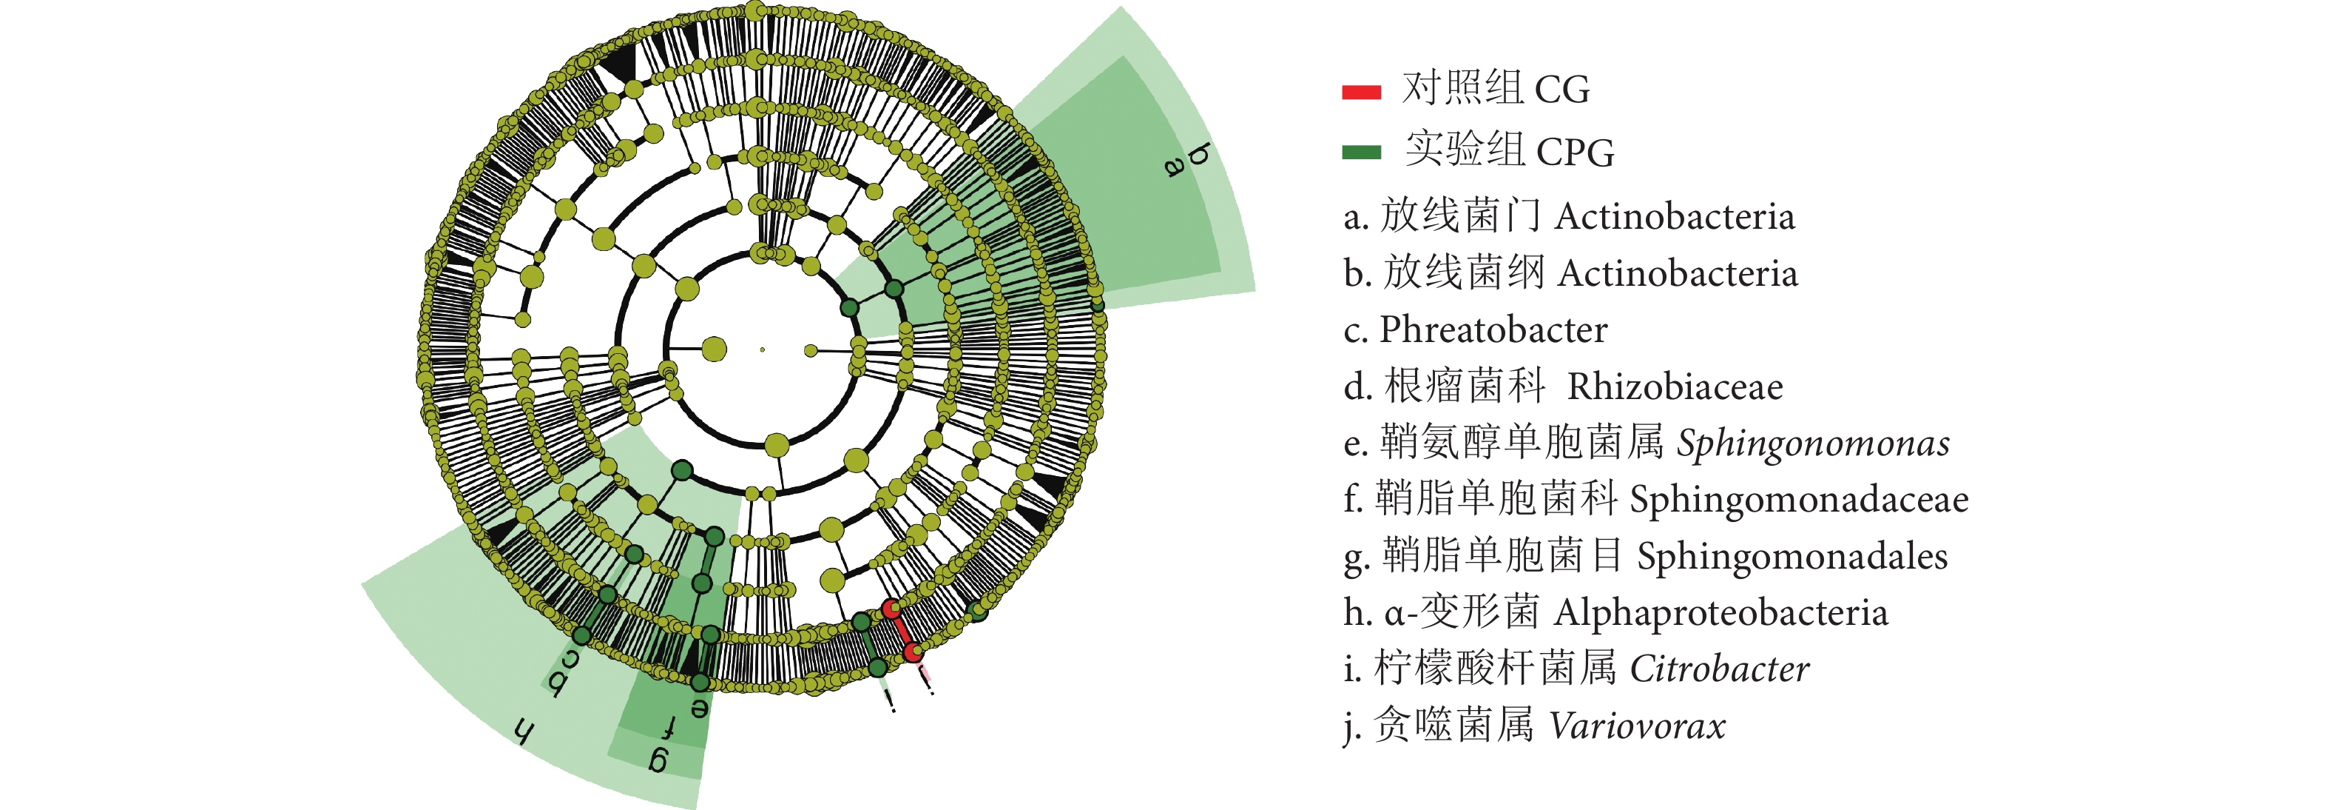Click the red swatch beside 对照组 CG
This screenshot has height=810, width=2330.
coord(1361,91)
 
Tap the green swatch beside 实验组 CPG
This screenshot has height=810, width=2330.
coord(1361,152)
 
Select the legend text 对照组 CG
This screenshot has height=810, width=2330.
coord(1495,89)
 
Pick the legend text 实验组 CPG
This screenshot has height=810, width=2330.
coord(1509,150)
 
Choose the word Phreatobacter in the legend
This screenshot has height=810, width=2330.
coord(1493,329)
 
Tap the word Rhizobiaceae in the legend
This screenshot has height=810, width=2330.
coord(1675,386)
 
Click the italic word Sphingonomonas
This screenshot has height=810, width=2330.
coord(1813,444)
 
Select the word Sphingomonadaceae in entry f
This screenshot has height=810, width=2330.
coord(1799,500)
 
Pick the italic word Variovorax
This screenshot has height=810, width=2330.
coord(1637,726)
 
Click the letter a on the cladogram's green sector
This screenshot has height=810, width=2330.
coord(1174,167)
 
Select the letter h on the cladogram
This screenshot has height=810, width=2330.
coord(524,732)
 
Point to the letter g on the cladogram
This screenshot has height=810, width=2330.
coord(659,760)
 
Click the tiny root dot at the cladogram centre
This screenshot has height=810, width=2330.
coord(763,349)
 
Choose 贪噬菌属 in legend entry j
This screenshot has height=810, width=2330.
coord(1453,726)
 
